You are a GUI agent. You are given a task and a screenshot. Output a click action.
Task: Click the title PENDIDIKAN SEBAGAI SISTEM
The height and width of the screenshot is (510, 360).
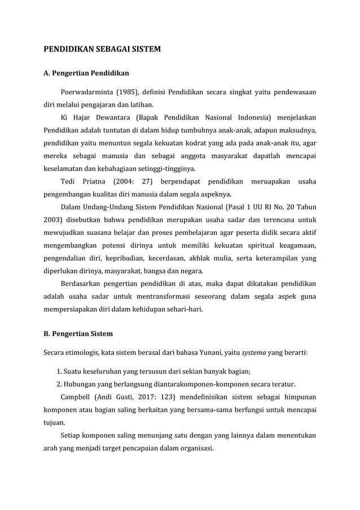tap(102, 50)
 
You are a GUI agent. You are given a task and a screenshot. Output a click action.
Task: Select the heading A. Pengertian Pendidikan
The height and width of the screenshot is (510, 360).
tap(86, 73)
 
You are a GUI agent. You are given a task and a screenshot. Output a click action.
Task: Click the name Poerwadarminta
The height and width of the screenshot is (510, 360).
tap(90, 92)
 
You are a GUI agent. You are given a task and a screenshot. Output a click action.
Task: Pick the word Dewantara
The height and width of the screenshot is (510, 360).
tap(109, 117)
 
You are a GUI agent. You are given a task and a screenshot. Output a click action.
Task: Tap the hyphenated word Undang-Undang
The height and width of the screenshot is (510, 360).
tap(109, 207)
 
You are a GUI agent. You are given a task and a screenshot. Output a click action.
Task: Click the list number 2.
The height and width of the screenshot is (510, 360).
tap(59, 383)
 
